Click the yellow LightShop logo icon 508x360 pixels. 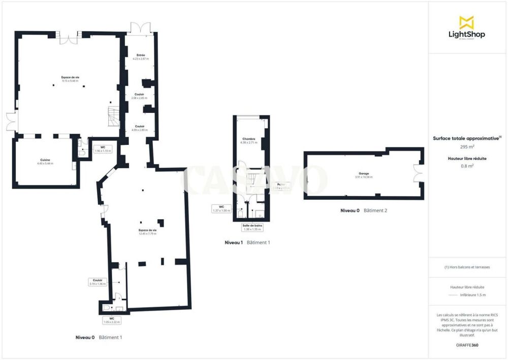pos(466,22)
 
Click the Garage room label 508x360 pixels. pos(363,175)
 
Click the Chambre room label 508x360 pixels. pos(249,140)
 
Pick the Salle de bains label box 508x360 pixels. pos(252,227)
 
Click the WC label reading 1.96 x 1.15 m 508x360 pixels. pos(103,149)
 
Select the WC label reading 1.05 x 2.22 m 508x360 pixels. pos(111,320)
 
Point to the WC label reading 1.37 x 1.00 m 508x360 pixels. pos(222,208)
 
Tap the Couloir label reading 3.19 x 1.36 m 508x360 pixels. pos(98,282)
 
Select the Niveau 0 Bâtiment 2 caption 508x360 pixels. pos(364,210)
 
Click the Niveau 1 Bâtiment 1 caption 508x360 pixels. pos(247,243)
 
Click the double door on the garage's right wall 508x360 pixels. pos(418,173)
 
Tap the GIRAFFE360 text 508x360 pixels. pos(467,345)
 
